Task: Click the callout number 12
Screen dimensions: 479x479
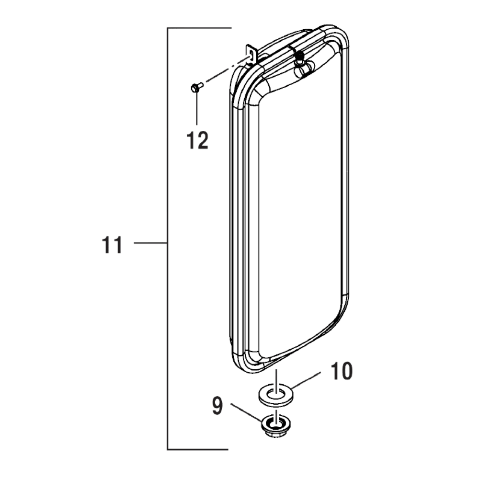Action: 197,140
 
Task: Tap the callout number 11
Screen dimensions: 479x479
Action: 112,245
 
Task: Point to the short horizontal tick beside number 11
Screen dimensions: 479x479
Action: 149,244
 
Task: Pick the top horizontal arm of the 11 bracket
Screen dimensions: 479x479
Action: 199,29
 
